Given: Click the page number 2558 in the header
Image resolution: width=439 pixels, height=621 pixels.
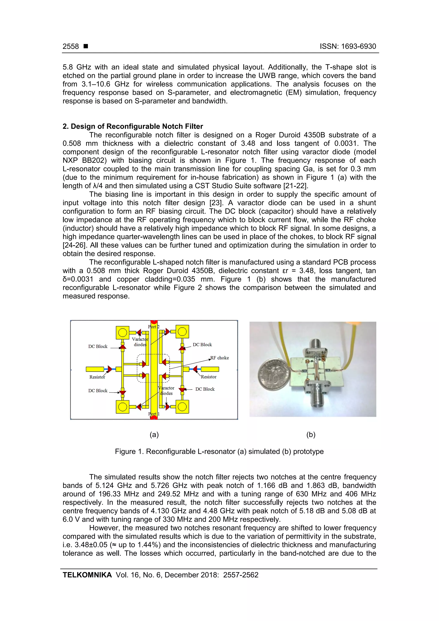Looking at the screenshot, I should click(x=71, y=46).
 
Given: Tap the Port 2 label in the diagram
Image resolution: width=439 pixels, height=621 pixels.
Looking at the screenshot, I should click(x=154, y=326).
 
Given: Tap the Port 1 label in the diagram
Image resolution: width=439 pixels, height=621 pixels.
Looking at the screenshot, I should click(x=154, y=414).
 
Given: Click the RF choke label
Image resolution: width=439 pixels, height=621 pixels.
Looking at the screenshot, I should click(x=220, y=358).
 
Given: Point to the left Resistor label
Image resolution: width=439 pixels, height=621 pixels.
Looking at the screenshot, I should click(x=97, y=377).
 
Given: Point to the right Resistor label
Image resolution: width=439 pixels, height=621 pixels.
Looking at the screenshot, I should click(x=209, y=377).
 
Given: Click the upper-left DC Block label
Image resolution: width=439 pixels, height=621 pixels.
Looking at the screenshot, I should click(x=98, y=346).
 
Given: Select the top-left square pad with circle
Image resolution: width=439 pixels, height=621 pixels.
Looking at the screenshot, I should click(x=123, y=332).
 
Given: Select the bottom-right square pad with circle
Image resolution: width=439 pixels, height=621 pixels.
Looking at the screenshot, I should click(x=182, y=406).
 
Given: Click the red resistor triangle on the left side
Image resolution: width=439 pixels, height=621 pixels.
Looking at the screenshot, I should click(x=110, y=369).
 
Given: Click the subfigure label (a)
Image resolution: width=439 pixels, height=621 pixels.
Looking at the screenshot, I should click(x=154, y=435).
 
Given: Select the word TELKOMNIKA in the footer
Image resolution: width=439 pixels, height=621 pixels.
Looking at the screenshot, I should click(x=87, y=575).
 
